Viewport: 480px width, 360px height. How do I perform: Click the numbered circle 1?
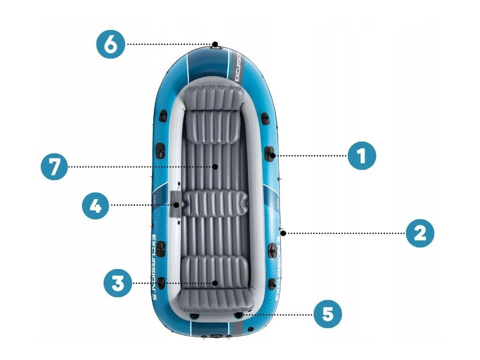(361, 156)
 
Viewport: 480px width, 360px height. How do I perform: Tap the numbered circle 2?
(420, 233)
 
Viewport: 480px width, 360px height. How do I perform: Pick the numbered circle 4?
(96, 205)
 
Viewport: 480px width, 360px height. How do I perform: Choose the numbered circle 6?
(111, 45)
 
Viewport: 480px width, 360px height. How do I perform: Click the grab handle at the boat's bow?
(216, 45)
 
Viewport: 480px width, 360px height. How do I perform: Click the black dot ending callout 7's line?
(215, 166)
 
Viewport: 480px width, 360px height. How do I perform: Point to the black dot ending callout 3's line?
(215, 283)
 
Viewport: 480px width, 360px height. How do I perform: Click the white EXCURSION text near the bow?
(237, 68)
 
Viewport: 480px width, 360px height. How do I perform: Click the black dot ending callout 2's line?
(284, 233)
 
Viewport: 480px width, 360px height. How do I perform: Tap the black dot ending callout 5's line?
(240, 315)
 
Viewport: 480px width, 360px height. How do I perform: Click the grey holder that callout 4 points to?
(176, 205)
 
